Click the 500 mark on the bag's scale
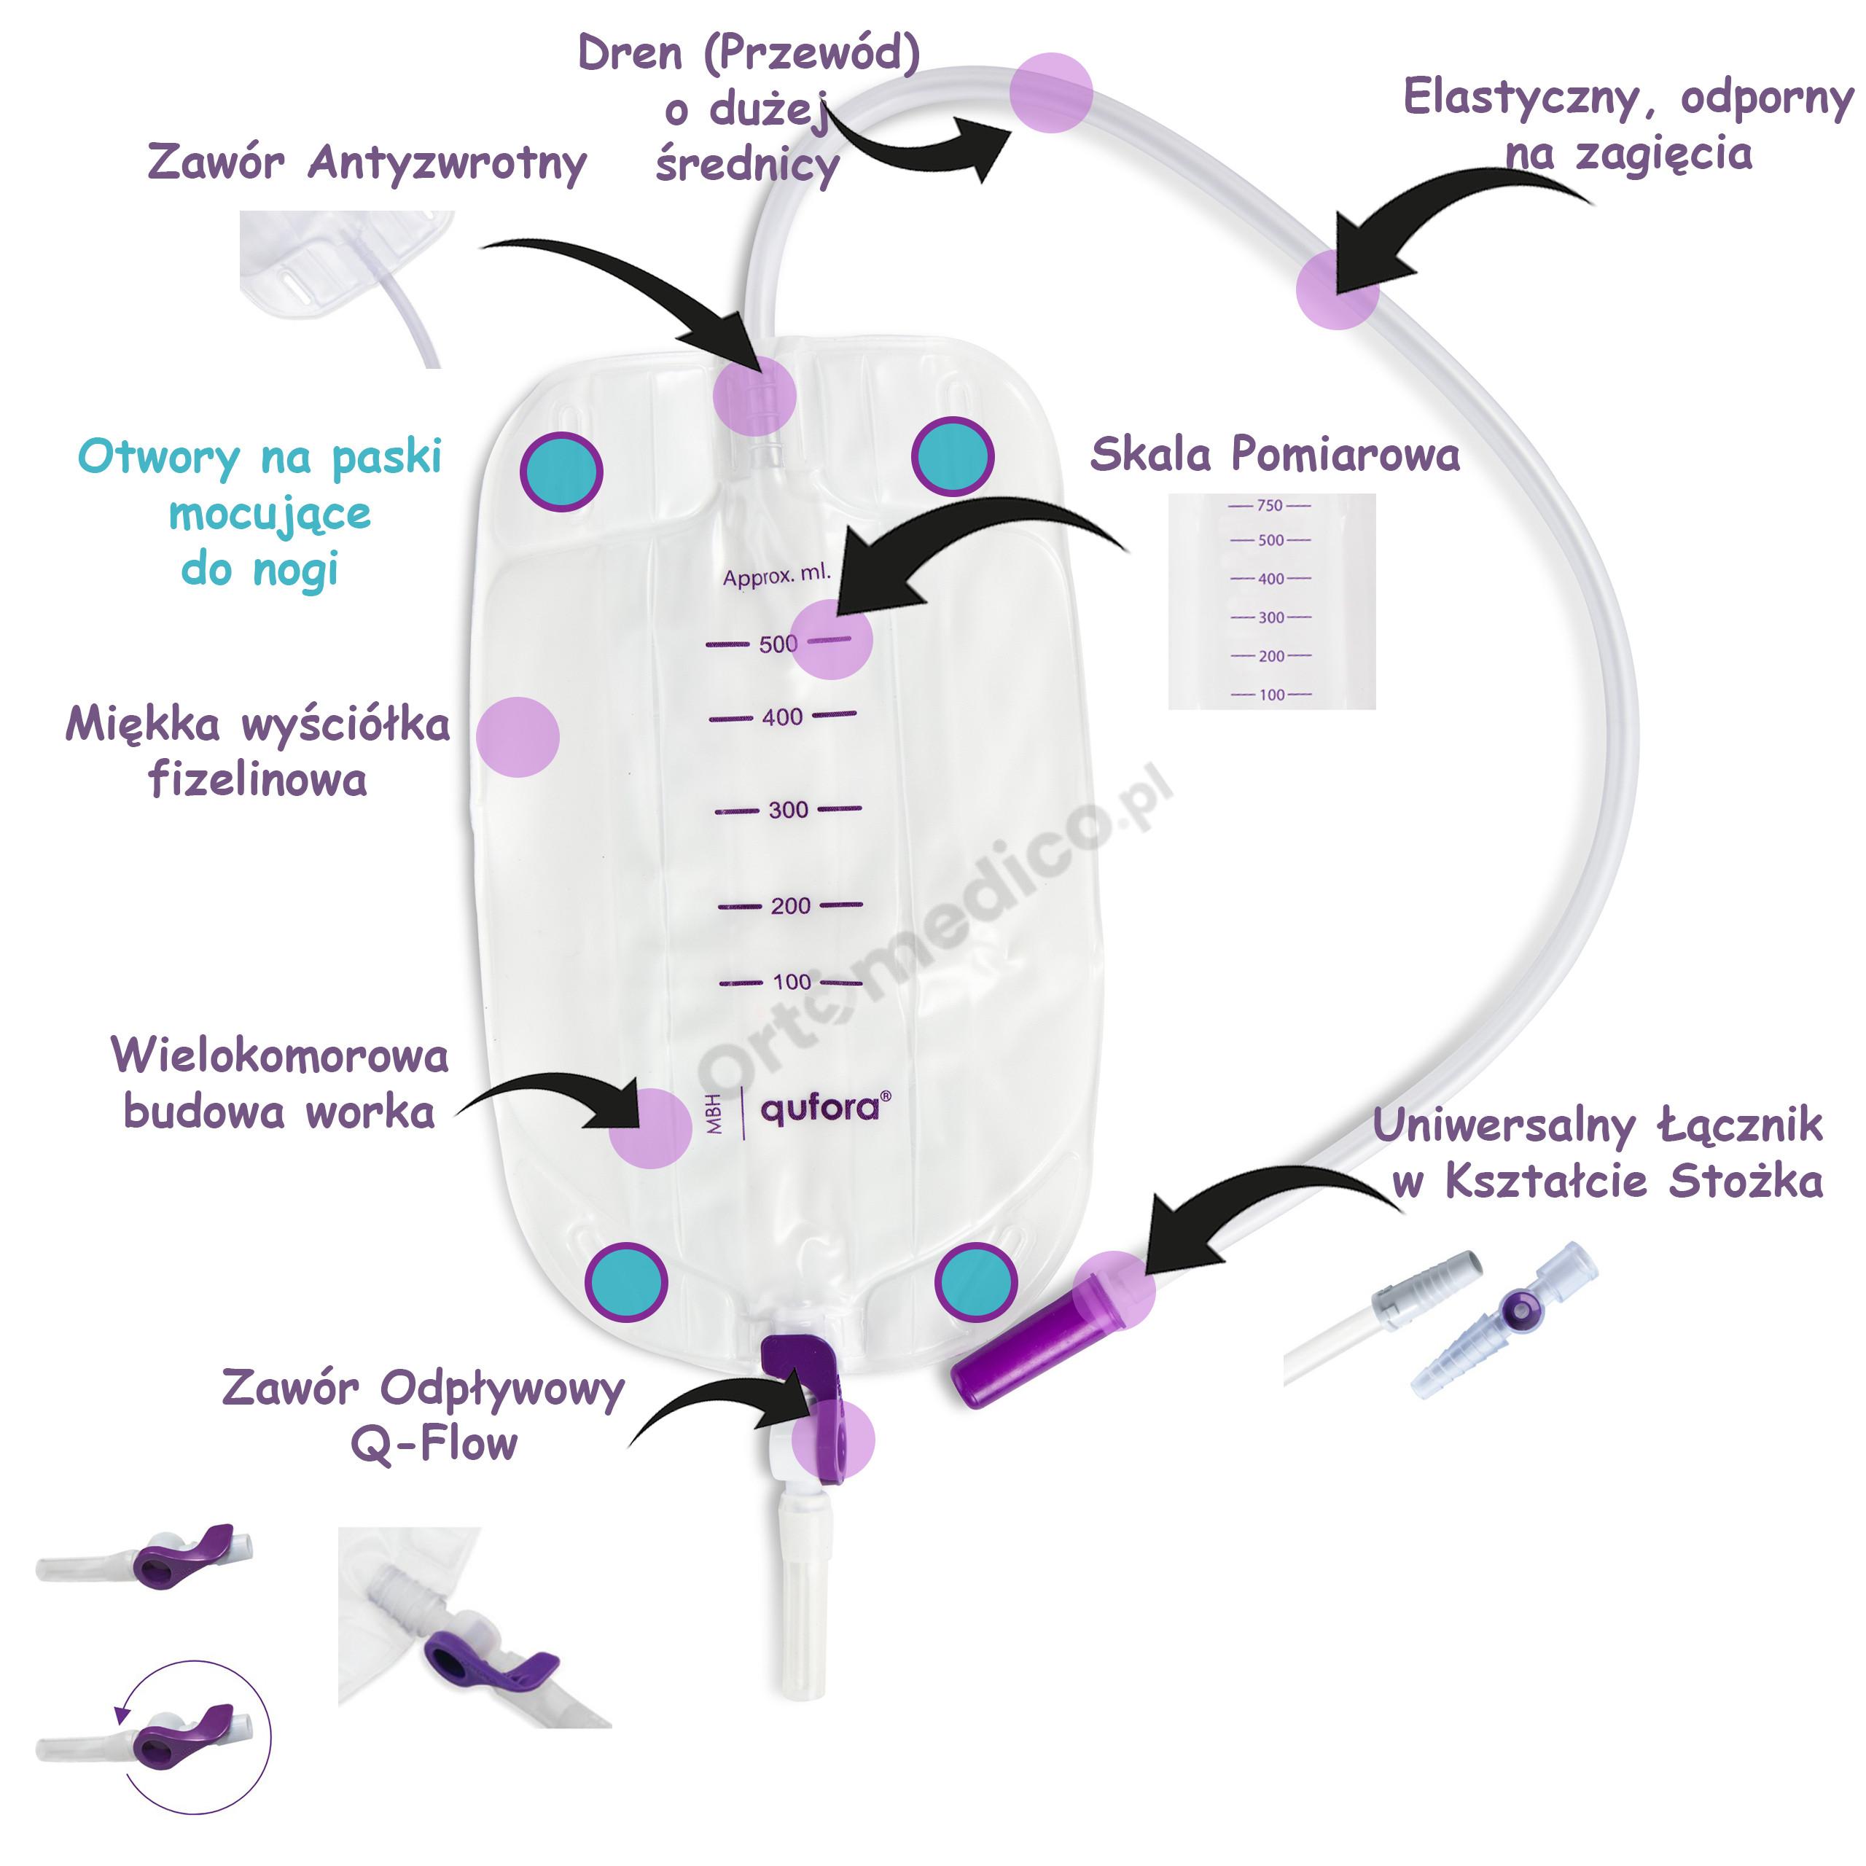tap(778, 643)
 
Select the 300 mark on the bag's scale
tap(787, 809)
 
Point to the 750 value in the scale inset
tap(1269, 505)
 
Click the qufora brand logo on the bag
tap(820, 1108)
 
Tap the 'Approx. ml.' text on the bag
tap(776, 576)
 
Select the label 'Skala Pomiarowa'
tap(1274, 454)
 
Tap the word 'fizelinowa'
tap(258, 779)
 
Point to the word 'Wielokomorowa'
tap(280, 1055)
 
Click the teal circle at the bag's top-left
tap(561, 472)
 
